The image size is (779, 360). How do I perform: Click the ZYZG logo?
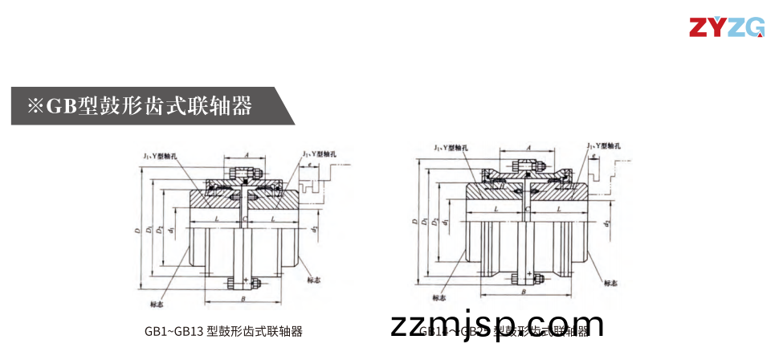(x=726, y=27)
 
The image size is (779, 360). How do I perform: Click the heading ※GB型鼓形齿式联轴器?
(x=141, y=105)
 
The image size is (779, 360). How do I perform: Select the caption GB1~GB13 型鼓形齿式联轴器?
(x=223, y=331)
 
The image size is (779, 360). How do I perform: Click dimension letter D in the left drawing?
(x=138, y=231)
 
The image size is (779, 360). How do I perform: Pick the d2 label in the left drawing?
(x=316, y=231)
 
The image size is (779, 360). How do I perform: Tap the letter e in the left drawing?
(x=310, y=163)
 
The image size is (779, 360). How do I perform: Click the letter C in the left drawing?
(x=244, y=218)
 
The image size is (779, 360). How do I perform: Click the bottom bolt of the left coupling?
(x=244, y=283)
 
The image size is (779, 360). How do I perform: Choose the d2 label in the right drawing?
(x=608, y=217)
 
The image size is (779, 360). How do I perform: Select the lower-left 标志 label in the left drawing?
(x=157, y=304)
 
